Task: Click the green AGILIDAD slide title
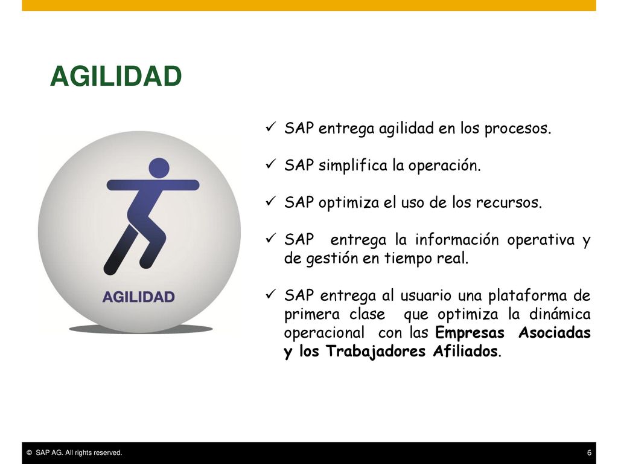(116, 76)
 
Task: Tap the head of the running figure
(159, 168)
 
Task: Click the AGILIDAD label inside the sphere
(138, 297)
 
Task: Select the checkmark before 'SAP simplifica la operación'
(271, 164)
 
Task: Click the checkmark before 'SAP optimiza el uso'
(271, 201)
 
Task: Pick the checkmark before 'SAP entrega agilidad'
(271, 127)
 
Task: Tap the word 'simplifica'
(352, 166)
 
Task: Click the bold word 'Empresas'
(470, 333)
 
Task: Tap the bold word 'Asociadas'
(555, 332)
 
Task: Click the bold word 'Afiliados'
(465, 351)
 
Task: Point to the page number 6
(589, 453)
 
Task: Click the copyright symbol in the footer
(29, 453)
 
